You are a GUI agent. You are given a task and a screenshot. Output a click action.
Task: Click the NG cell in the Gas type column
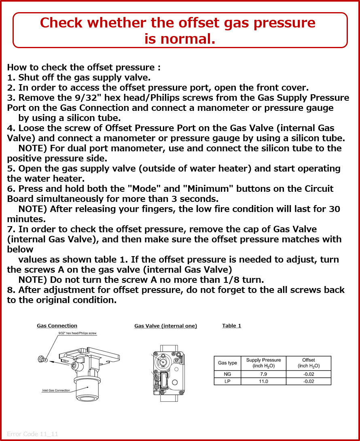pyautogui.click(x=227, y=374)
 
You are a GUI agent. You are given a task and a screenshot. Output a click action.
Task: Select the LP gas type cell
pyautogui.click(x=227, y=382)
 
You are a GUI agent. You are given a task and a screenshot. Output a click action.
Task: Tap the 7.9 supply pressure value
pyautogui.click(x=264, y=374)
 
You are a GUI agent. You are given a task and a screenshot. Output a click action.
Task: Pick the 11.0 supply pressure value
pyautogui.click(x=264, y=382)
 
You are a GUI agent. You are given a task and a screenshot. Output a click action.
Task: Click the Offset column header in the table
pyautogui.click(x=309, y=363)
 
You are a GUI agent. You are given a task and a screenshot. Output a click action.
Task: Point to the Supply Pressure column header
pyautogui.click(x=264, y=363)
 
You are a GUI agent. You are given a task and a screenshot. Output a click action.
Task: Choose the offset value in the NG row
pyautogui.click(x=309, y=374)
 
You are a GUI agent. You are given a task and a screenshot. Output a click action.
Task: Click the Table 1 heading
pyautogui.click(x=231, y=326)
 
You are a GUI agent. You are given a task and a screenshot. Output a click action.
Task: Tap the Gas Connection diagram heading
pyautogui.click(x=57, y=326)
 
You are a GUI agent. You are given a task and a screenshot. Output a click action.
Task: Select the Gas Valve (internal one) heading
pyautogui.click(x=166, y=326)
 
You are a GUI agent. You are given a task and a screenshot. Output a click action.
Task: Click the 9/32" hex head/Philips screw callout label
pyautogui.click(x=77, y=333)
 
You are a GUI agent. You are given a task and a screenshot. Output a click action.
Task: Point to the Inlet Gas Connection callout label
pyautogui.click(x=56, y=390)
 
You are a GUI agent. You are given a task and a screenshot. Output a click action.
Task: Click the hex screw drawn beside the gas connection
pyautogui.click(x=41, y=359)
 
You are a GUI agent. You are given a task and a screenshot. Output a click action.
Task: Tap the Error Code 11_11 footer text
pyautogui.click(x=32, y=434)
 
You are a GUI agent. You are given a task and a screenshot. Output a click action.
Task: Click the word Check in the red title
pyautogui.click(x=61, y=23)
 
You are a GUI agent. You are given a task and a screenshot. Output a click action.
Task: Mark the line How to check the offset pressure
pyautogui.click(x=84, y=68)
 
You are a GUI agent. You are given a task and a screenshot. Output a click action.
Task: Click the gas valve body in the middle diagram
pyautogui.click(x=168, y=373)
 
